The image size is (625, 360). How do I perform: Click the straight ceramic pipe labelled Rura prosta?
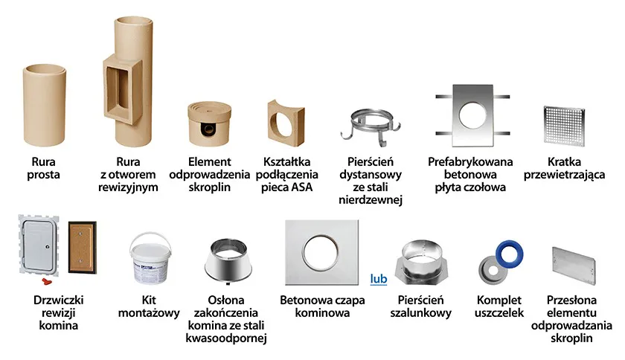(44, 105)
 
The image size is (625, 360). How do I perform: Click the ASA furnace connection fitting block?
(286, 123)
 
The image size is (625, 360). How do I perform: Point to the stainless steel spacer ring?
(371, 125)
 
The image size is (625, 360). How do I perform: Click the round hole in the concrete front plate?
(472, 115)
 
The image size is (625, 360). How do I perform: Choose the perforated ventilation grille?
(564, 125)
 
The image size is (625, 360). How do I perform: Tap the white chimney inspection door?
(39, 245)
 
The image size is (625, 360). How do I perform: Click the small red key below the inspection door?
(48, 281)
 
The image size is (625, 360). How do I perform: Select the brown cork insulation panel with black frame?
(82, 247)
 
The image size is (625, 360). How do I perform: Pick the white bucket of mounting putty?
(150, 258)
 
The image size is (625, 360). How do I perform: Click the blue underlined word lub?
(379, 279)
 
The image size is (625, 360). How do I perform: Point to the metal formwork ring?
(421, 263)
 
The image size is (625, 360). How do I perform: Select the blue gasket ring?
(510, 253)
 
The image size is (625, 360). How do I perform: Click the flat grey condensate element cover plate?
(574, 265)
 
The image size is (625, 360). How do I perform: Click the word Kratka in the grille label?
(564, 162)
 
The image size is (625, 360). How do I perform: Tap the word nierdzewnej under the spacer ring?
(371, 200)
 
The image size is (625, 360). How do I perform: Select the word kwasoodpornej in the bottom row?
(226, 338)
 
